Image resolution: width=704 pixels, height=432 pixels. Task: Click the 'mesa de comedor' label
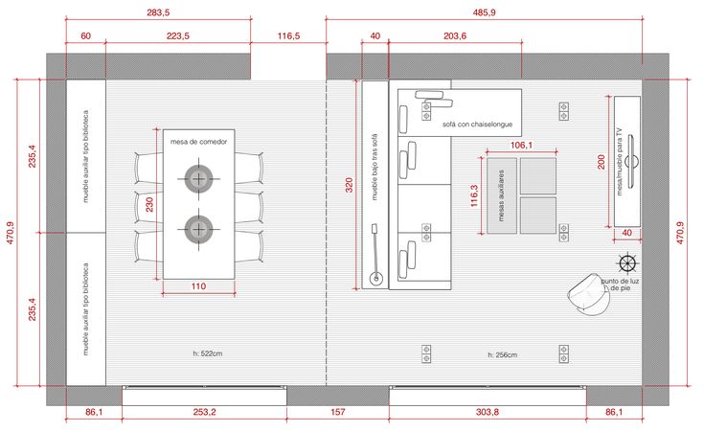click(198, 142)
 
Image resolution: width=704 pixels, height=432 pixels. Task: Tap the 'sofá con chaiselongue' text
click(477, 125)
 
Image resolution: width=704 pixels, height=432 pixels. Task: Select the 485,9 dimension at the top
click(484, 12)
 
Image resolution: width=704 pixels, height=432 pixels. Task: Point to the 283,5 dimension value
click(158, 12)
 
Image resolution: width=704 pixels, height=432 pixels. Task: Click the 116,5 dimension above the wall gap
click(288, 36)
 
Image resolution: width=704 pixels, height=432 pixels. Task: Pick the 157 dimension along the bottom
click(337, 412)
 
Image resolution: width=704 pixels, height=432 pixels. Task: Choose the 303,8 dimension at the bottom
click(488, 412)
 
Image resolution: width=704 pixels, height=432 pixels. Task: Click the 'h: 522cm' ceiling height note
click(208, 353)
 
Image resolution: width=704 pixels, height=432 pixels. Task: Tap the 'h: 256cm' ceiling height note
click(503, 354)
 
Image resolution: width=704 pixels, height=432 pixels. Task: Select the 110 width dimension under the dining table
click(198, 286)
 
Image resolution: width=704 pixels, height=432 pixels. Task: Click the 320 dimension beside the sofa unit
click(350, 185)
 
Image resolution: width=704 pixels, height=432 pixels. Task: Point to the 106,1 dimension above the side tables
click(521, 145)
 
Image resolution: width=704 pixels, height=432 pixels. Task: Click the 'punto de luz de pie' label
click(621, 284)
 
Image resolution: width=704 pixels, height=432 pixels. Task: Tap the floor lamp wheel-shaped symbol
click(627, 263)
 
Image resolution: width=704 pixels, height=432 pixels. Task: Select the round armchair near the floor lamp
click(589, 293)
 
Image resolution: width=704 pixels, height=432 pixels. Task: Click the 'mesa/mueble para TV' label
click(620, 162)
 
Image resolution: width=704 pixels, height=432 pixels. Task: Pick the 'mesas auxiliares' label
click(502, 195)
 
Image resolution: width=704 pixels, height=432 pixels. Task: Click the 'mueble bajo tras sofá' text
click(375, 167)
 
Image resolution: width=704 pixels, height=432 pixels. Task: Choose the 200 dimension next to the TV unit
click(602, 162)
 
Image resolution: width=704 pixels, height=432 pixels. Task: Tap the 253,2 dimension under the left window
click(204, 412)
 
